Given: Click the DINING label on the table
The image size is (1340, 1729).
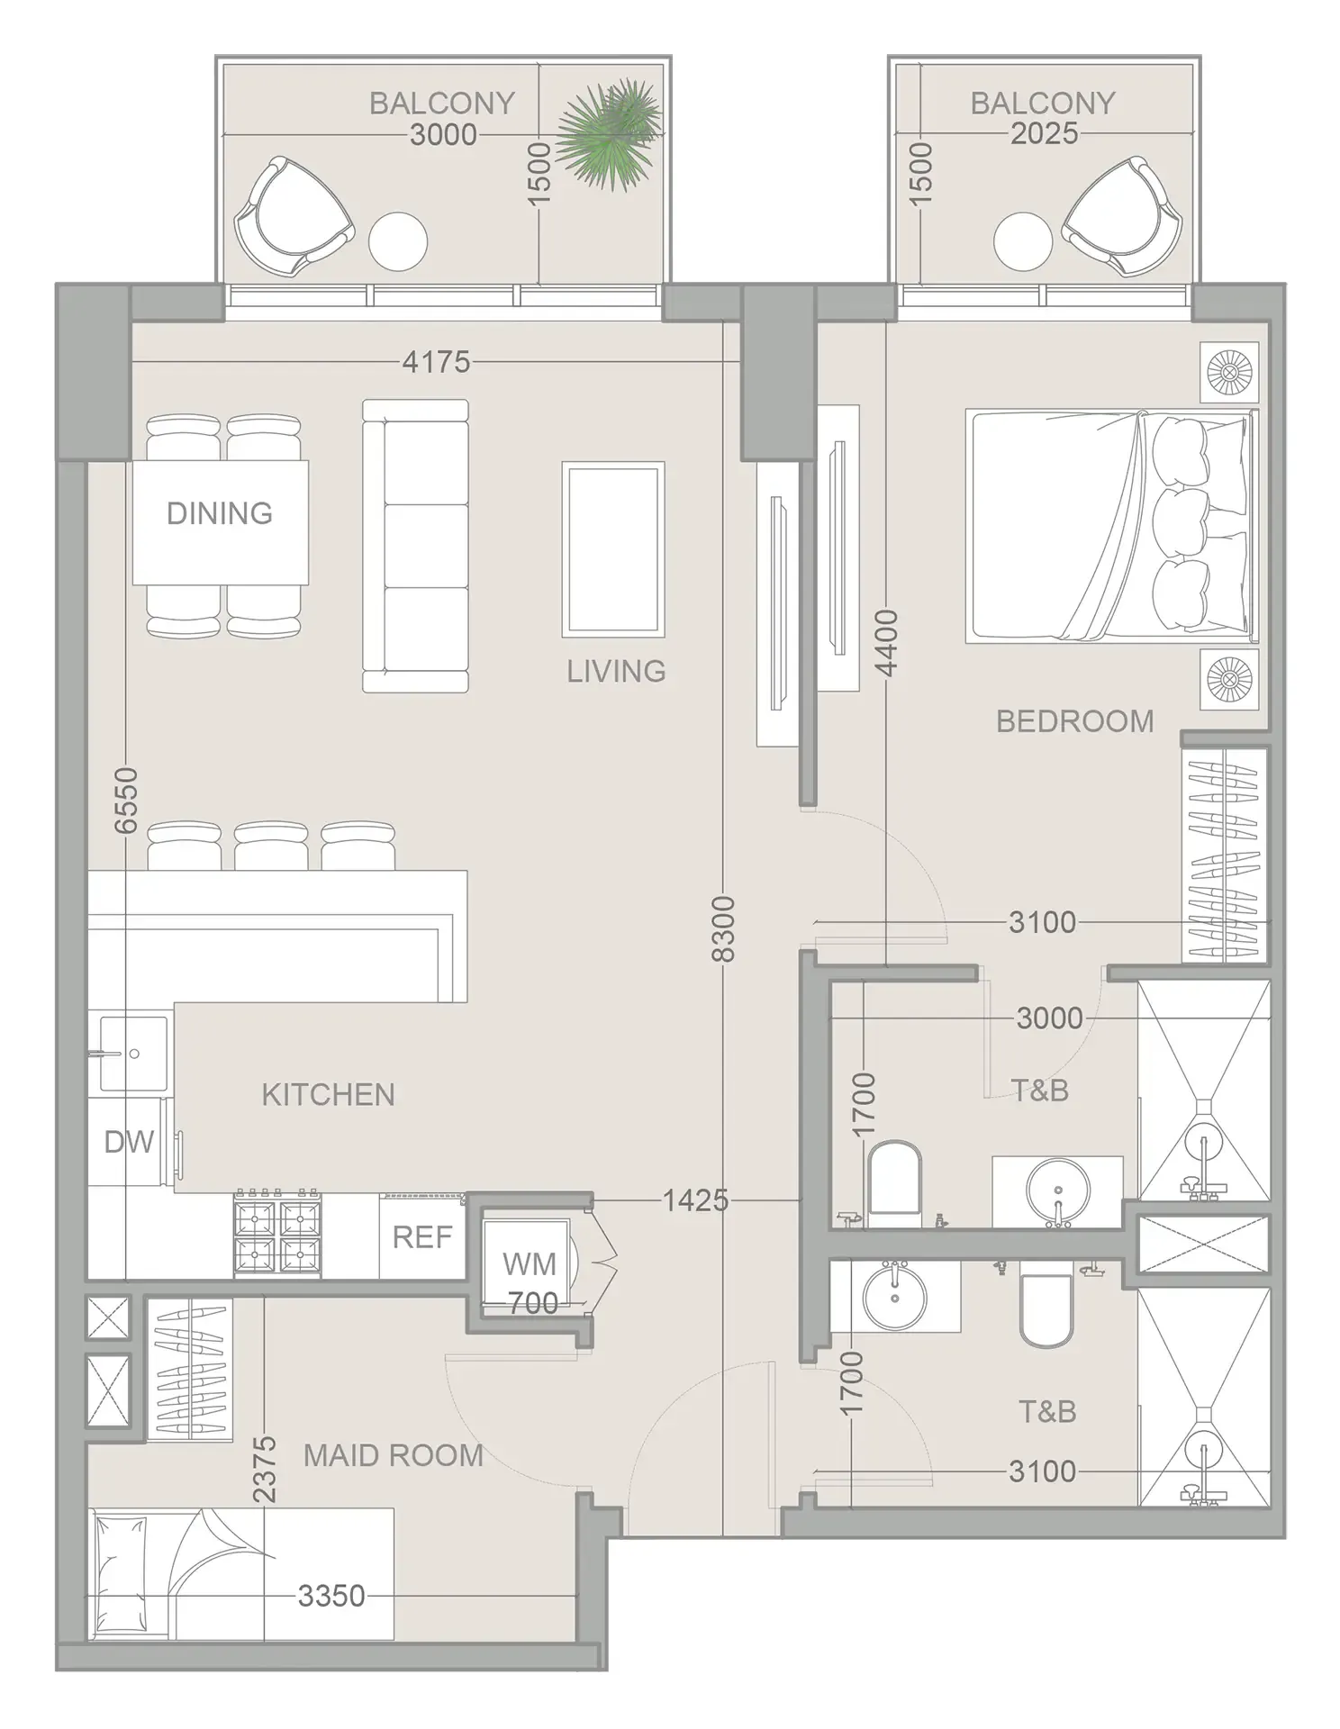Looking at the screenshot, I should (219, 513).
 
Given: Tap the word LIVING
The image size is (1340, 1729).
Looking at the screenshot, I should (616, 671).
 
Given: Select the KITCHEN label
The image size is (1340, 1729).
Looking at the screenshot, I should (328, 1094).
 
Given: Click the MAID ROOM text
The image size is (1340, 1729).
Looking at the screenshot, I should (393, 1455).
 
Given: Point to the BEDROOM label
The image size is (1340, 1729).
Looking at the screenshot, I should (1074, 721).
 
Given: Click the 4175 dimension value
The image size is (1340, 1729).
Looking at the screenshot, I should (436, 362).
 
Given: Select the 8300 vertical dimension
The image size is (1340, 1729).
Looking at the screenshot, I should (723, 928).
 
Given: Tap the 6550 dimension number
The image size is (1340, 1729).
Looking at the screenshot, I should (126, 800).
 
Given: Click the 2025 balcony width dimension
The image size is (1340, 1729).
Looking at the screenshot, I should (1044, 134).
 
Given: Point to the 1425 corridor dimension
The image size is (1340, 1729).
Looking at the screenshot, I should (694, 1199).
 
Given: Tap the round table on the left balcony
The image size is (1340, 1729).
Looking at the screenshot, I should (397, 241).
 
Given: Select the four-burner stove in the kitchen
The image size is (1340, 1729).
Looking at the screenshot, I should (277, 1235).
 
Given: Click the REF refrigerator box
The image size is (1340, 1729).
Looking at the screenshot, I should (421, 1237).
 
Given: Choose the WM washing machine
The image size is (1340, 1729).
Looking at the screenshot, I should (528, 1263).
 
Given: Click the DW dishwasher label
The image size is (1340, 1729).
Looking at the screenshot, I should (129, 1142).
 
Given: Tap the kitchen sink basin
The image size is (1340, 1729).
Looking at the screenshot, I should (133, 1052).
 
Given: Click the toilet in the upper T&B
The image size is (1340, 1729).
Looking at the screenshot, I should (894, 1179).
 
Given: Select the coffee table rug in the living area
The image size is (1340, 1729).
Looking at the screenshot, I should (612, 548).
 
